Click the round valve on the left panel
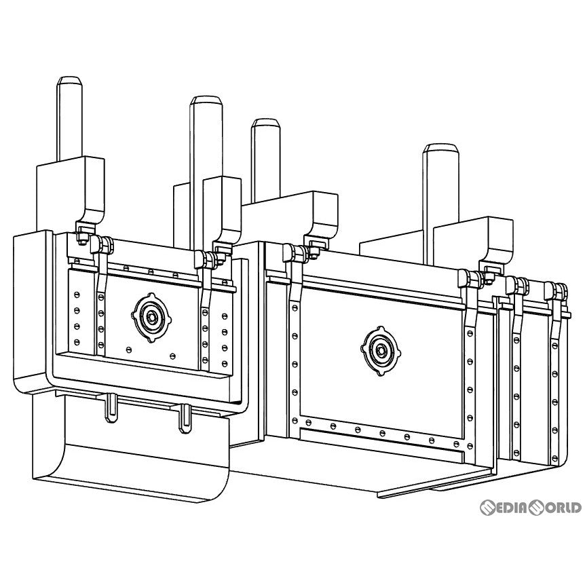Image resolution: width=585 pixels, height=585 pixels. (x=151, y=318)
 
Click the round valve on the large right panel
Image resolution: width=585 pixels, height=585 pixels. (x=381, y=351)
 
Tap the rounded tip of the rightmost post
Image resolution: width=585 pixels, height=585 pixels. (x=440, y=148)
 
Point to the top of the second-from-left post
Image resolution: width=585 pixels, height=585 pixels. (x=206, y=101)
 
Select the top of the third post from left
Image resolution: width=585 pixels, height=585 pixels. (x=265, y=124)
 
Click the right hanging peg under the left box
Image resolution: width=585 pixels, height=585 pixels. (x=185, y=419)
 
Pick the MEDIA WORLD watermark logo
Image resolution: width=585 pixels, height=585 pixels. (x=530, y=508)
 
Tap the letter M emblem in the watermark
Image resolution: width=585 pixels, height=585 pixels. (x=489, y=508)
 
